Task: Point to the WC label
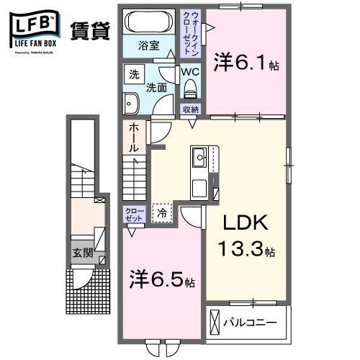[190, 73]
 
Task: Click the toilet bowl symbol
[191, 88]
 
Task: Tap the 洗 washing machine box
[133, 74]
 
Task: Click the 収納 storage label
[190, 109]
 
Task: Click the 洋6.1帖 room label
[246, 63]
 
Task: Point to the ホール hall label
[134, 137]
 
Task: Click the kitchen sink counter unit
[199, 173]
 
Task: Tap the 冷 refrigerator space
[162, 212]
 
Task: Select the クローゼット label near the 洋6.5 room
[133, 213]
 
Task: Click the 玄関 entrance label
[82, 253]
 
